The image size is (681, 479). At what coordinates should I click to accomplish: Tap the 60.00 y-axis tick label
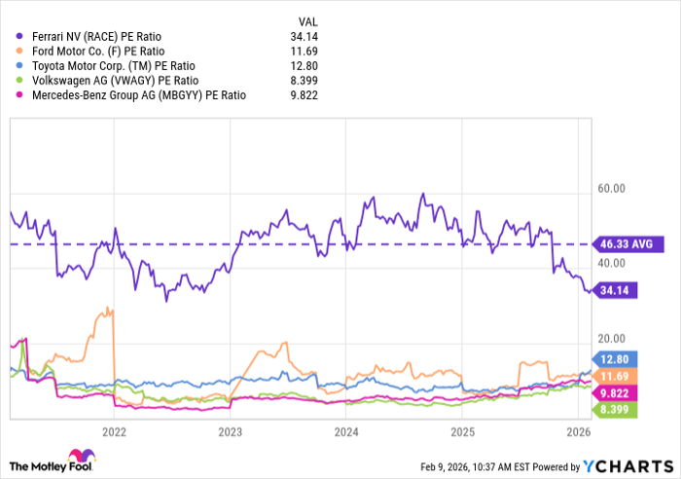(612, 189)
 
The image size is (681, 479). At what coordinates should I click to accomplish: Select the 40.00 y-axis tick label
(612, 263)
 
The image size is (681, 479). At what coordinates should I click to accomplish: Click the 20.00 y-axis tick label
(612, 338)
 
